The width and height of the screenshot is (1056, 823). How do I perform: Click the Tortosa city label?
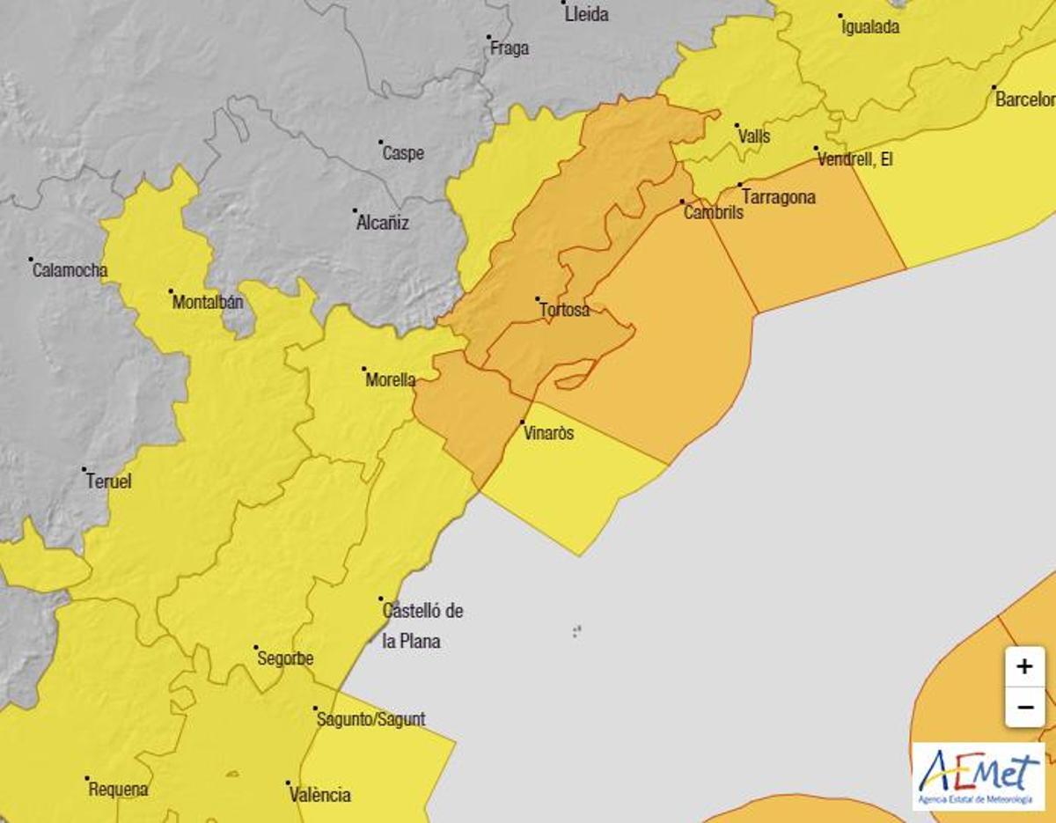564,310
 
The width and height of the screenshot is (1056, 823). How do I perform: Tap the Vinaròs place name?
547,433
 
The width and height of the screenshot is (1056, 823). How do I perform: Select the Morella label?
390,380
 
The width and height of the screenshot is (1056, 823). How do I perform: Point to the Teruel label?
108,481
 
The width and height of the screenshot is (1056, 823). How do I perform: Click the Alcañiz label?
383,223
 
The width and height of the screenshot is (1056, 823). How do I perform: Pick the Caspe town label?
403,153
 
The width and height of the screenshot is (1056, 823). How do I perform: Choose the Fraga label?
510,48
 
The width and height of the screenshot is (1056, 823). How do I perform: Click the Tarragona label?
779,197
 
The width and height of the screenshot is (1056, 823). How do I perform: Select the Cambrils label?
714,212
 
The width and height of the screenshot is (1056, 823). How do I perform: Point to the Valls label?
754,136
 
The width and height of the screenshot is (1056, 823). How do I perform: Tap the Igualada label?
870,26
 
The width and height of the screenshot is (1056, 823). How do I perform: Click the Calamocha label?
70,270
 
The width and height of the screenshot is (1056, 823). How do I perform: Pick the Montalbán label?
208,303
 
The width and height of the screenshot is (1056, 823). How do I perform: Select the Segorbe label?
284,658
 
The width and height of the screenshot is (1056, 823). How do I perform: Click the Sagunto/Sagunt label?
370,719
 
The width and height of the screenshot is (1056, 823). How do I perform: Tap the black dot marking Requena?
86,778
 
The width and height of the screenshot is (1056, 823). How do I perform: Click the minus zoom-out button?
1024,707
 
